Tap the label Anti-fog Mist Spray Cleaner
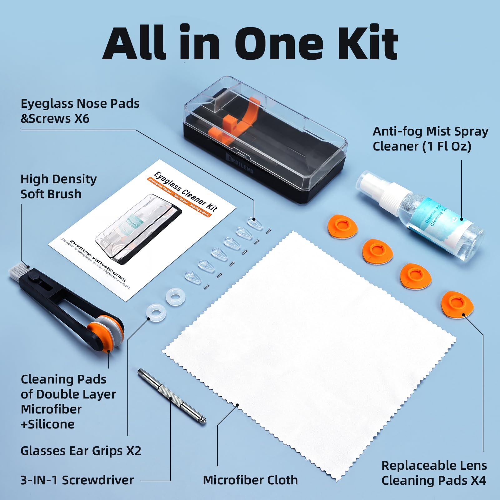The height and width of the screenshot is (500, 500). pyautogui.click(x=430, y=139)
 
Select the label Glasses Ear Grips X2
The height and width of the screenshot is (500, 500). pyautogui.click(x=81, y=450)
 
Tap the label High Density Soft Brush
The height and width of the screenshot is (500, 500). pyautogui.click(x=59, y=186)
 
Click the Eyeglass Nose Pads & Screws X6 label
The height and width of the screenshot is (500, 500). pyautogui.click(x=80, y=111)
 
